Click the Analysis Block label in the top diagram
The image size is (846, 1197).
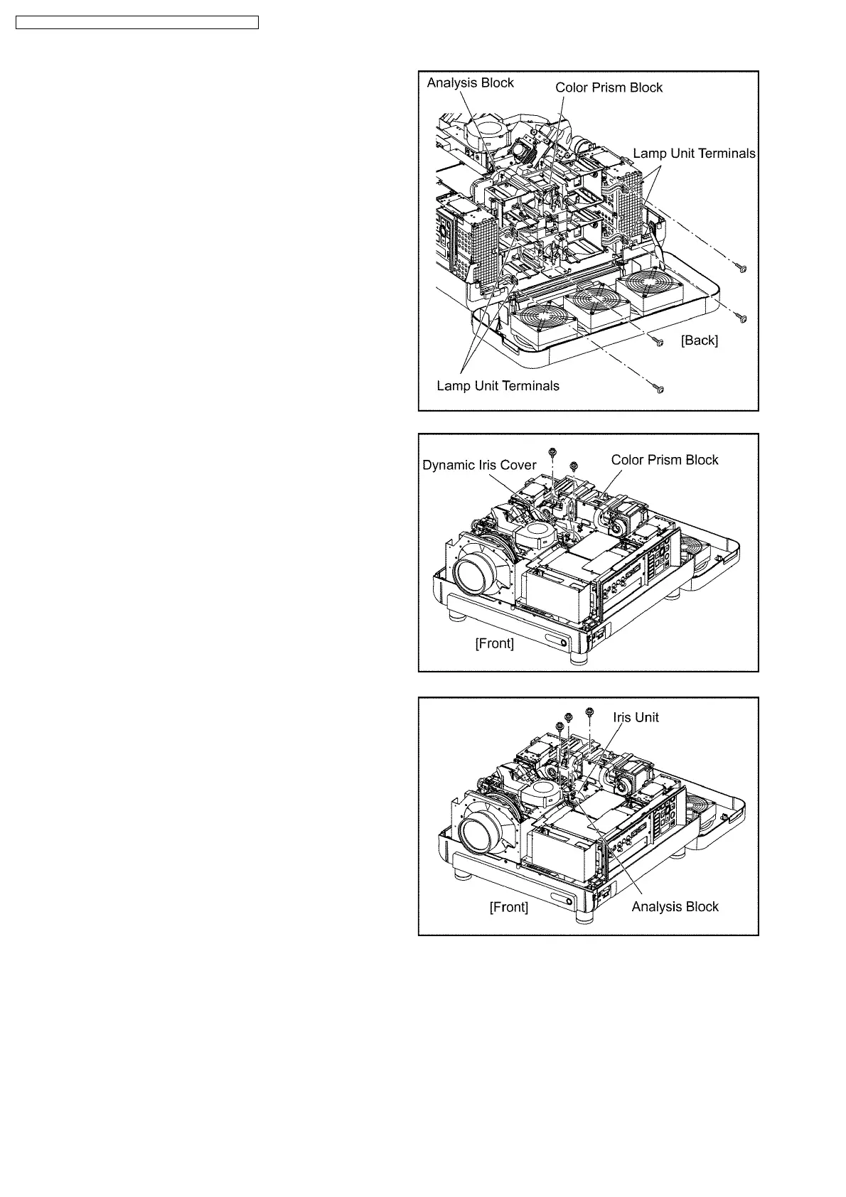coord(470,83)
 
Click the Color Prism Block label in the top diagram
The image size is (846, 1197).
coord(609,87)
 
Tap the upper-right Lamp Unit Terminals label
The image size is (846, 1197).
coord(694,154)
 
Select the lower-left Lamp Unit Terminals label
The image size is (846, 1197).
coord(498,386)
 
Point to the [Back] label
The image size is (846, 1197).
coord(700,340)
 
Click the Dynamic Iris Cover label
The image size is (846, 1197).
coord(479,465)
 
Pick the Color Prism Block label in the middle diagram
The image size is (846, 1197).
coord(665,460)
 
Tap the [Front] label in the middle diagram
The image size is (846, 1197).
coord(494,643)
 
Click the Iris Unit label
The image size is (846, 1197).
coord(636,717)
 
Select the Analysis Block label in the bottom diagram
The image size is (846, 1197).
coord(675,906)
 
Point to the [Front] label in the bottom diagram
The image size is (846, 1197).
coord(508,907)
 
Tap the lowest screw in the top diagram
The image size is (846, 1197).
coord(659,390)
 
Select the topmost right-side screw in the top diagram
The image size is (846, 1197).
coord(742,269)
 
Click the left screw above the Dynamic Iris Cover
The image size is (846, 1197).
coord(552,451)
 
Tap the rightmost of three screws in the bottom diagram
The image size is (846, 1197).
coord(589,712)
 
